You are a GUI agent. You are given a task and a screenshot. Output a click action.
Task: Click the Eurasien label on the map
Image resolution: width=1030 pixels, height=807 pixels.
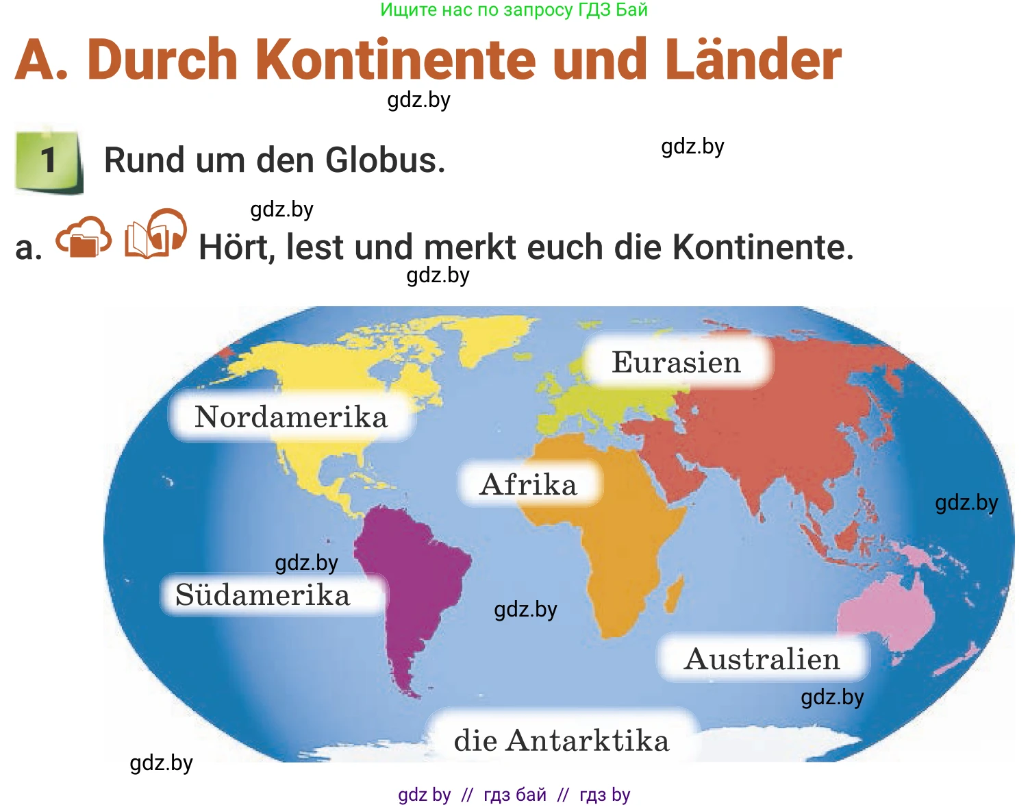click(677, 362)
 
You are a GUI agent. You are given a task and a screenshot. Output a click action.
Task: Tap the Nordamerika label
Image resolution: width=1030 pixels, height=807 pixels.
click(291, 417)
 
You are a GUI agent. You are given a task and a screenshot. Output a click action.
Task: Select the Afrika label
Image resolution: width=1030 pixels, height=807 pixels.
click(529, 484)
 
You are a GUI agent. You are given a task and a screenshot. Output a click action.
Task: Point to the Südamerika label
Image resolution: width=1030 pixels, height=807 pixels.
click(263, 595)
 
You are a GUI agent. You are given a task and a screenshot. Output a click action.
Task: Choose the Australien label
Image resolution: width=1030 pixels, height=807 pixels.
click(762, 659)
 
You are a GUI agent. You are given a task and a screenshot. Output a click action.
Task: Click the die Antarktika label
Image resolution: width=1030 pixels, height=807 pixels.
click(562, 741)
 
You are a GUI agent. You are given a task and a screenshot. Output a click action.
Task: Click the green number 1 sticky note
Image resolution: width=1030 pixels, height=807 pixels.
click(48, 160)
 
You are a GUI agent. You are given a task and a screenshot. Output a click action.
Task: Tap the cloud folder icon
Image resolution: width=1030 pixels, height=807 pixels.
click(84, 237)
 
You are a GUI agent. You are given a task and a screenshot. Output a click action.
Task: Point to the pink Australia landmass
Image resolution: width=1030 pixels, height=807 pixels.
click(890, 610)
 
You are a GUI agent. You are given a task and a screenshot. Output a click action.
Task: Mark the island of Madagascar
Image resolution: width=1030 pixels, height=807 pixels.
click(675, 593)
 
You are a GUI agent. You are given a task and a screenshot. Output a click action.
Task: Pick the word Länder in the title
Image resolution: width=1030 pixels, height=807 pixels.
click(753, 60)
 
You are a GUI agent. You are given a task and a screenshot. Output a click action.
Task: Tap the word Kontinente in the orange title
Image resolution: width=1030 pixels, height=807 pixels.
click(400, 60)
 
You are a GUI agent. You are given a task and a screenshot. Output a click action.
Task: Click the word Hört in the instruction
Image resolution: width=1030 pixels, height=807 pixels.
click(236, 247)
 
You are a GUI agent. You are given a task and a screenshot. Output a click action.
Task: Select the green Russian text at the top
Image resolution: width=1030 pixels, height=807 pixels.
click(514, 10)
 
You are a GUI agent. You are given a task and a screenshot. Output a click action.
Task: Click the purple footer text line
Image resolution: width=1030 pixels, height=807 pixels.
click(514, 795)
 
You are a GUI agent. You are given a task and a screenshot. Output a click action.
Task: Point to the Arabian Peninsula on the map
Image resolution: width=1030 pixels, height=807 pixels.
click(678, 473)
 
